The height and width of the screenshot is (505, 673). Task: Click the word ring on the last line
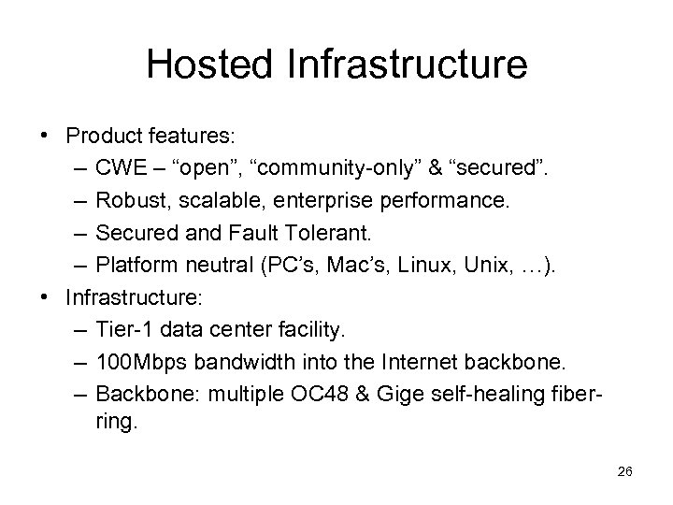coord(115,423)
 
